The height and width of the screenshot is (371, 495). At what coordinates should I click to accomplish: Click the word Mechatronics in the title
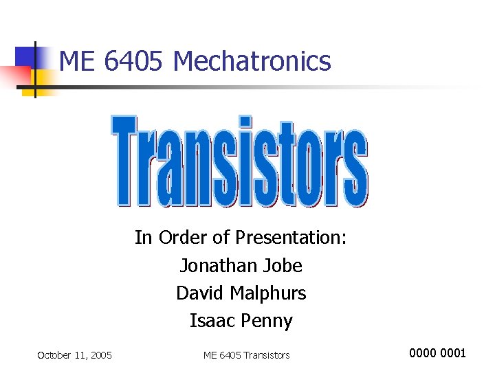[x=252, y=61]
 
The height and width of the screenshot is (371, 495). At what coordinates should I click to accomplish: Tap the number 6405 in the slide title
[x=135, y=61]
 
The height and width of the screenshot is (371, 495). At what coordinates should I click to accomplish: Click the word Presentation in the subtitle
[x=291, y=238]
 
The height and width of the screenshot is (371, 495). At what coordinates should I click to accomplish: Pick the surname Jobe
[x=281, y=265]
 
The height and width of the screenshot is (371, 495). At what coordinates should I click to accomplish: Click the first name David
[x=200, y=293]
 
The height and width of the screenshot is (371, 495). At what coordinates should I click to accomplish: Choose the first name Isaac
[x=211, y=321]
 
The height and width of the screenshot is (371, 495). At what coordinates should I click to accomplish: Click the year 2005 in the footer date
[x=100, y=355]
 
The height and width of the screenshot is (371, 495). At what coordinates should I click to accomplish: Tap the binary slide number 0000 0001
[x=437, y=353]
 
